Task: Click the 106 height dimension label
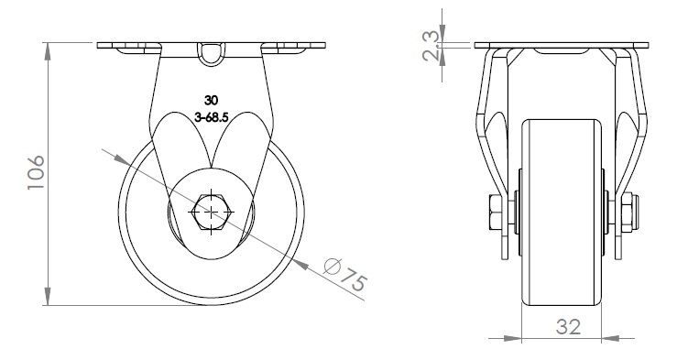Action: pyautogui.click(x=36, y=172)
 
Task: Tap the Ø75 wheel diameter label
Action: pyautogui.click(x=346, y=274)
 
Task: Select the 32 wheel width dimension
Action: pyautogui.click(x=568, y=327)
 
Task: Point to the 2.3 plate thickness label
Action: pyautogui.click(x=432, y=46)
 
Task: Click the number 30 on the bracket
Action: pyautogui.click(x=211, y=101)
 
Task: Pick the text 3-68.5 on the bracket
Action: pyautogui.click(x=211, y=117)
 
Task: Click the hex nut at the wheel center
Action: pyautogui.click(x=211, y=212)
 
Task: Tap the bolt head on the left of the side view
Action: pyautogui.click(x=495, y=212)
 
